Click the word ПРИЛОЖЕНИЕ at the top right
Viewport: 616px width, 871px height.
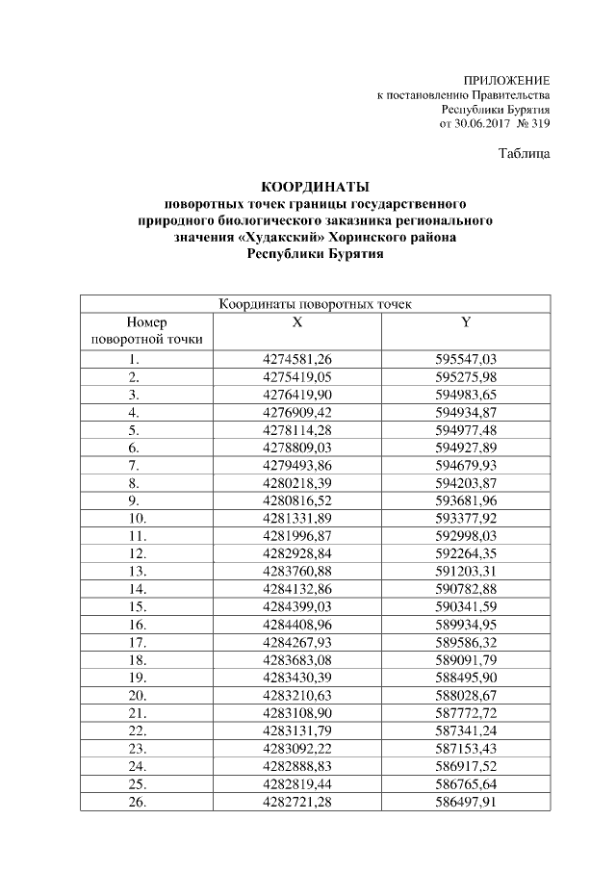tap(506, 80)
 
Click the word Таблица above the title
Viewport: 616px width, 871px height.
tap(525, 154)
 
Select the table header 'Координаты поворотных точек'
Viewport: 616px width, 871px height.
tap(316, 305)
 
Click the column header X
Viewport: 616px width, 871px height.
tap(297, 322)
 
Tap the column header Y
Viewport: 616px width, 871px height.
tap(466, 322)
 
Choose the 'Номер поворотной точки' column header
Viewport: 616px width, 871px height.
tap(135, 331)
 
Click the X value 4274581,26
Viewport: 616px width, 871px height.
tap(297, 359)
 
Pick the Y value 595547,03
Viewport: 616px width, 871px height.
tap(466, 359)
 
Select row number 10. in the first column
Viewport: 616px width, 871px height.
tap(135, 517)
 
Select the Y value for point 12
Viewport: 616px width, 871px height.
tap(466, 552)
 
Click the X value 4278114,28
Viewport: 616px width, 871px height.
tap(297, 429)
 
